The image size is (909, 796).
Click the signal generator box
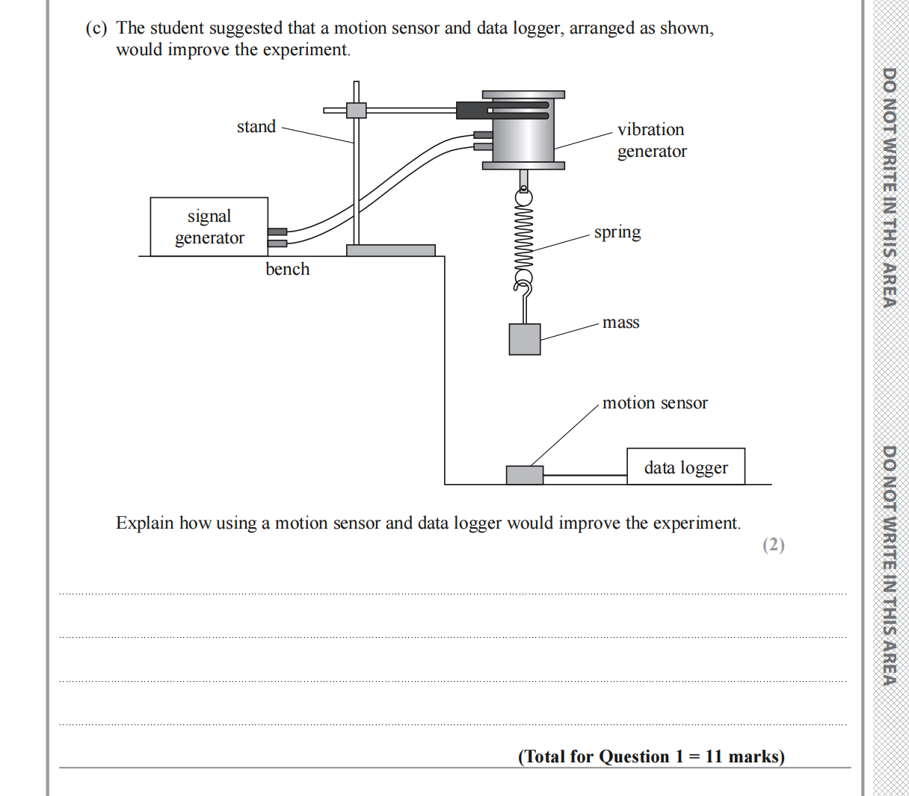pos(209,227)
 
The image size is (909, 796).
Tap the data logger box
pos(685,467)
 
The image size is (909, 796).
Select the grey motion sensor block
pos(524,475)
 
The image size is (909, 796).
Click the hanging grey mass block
pos(524,339)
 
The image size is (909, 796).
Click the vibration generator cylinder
pos(523,131)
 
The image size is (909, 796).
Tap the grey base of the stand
pos(390,250)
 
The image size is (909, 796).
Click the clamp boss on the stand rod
pos(356,110)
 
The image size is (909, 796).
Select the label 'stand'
pos(256,127)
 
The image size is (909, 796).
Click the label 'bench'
pos(287,270)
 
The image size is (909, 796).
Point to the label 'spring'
pos(617,232)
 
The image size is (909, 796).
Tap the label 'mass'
pos(620,323)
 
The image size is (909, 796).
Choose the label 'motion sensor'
pos(655,403)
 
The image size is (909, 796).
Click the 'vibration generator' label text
pos(651,140)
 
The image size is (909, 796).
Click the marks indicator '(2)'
pos(773,544)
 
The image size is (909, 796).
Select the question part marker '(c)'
pos(96,28)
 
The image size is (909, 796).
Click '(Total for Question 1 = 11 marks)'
pos(651,756)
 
